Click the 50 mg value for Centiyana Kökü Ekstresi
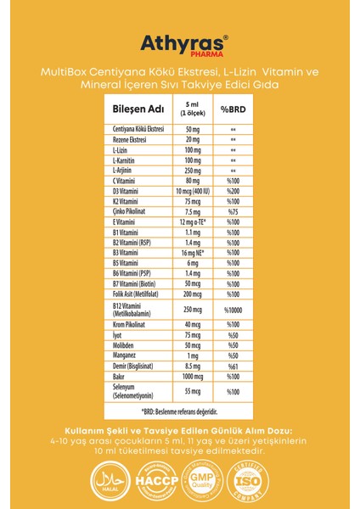point(193,129)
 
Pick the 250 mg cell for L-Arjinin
point(193,171)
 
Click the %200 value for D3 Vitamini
point(233,191)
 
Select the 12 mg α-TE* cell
point(193,221)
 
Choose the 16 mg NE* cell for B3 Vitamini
point(193,252)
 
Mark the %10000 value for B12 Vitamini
point(233,310)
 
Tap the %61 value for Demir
point(233,367)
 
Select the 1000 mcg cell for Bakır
point(193,378)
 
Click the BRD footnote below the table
point(180,411)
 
